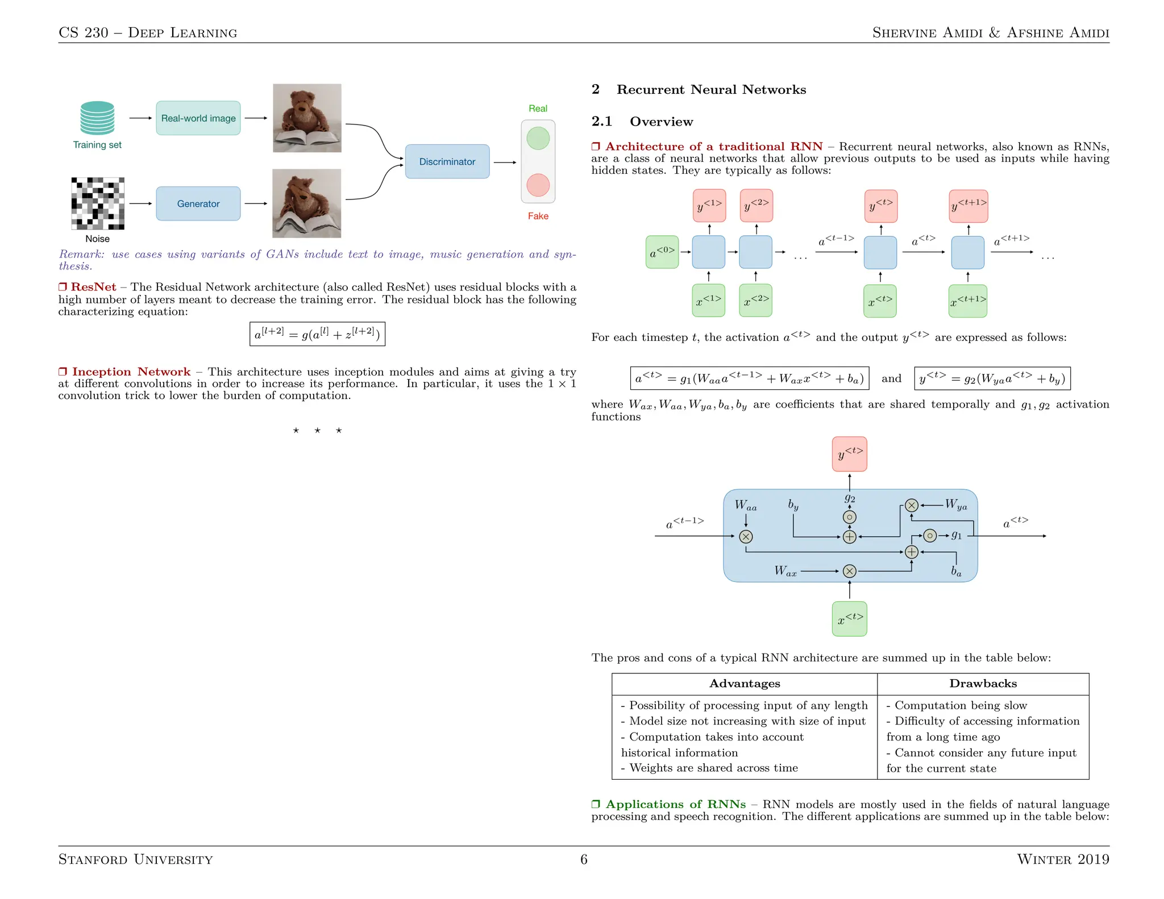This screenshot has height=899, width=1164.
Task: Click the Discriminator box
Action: tap(447, 161)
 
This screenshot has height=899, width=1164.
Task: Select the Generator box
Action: tap(198, 203)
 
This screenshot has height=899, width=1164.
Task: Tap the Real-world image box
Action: tap(198, 118)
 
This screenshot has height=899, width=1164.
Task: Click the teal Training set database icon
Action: tap(97, 118)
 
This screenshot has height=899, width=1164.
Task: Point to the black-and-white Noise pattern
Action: tap(97, 203)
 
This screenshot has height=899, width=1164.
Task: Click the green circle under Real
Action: tap(538, 139)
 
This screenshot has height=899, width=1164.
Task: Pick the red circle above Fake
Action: tap(538, 185)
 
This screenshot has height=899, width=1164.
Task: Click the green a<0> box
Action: tap(662, 252)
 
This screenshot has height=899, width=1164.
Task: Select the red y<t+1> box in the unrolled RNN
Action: tap(968, 206)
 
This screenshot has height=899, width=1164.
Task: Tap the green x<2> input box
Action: tap(755, 301)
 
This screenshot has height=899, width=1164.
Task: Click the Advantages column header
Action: tap(745, 684)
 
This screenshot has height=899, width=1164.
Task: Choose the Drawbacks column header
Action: tap(983, 684)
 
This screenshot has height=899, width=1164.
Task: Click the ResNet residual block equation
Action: tap(317, 334)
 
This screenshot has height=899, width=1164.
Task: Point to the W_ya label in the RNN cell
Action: tap(956, 505)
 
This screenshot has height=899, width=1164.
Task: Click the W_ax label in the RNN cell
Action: tap(785, 571)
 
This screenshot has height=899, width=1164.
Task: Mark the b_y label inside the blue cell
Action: tap(793, 505)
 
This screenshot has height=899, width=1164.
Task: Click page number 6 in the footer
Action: tap(584, 859)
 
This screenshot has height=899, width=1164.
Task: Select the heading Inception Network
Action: tap(131, 372)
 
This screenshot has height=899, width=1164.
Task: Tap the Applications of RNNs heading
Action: tap(675, 804)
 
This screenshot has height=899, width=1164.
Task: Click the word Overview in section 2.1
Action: tap(661, 122)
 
